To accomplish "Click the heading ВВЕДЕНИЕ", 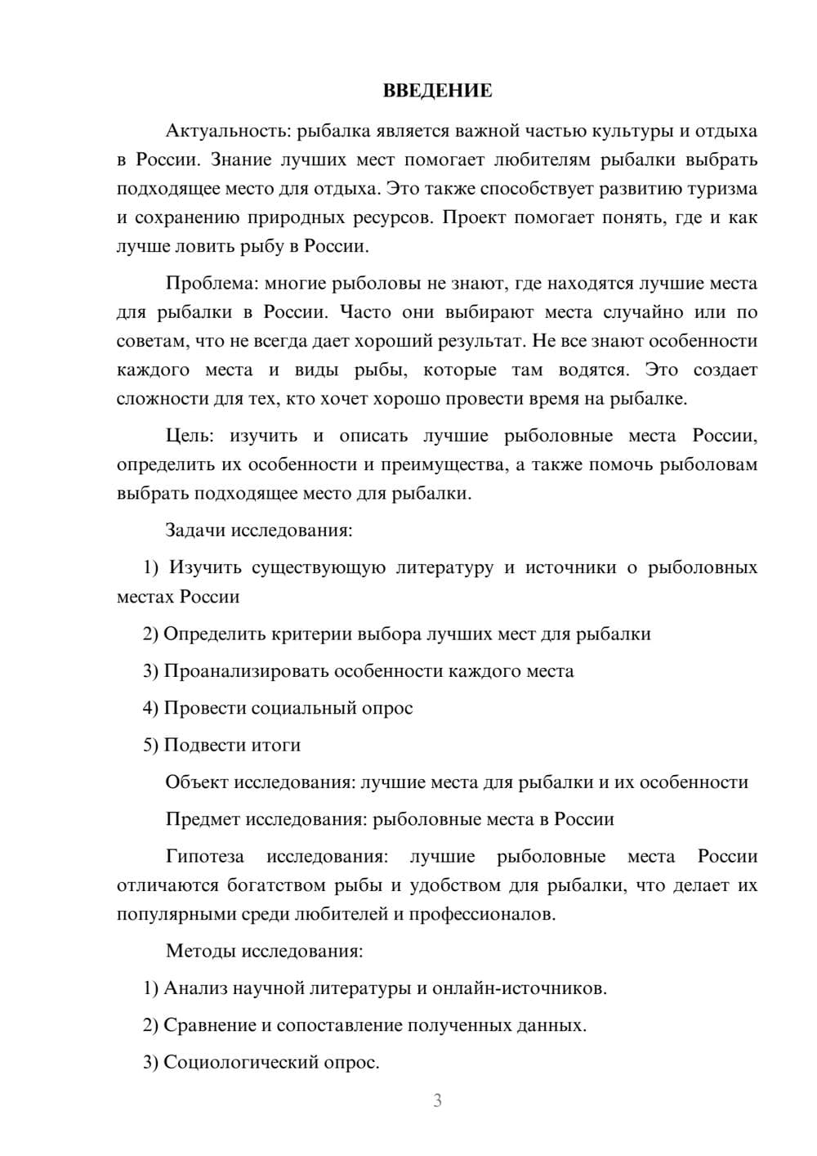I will [437, 91].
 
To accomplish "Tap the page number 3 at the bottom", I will [437, 1100].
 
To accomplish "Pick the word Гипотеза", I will [204, 856].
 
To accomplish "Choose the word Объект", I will [197, 782].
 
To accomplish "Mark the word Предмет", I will [203, 819].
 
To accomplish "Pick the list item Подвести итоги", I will [232, 746].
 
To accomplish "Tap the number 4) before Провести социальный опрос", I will [150, 708].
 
